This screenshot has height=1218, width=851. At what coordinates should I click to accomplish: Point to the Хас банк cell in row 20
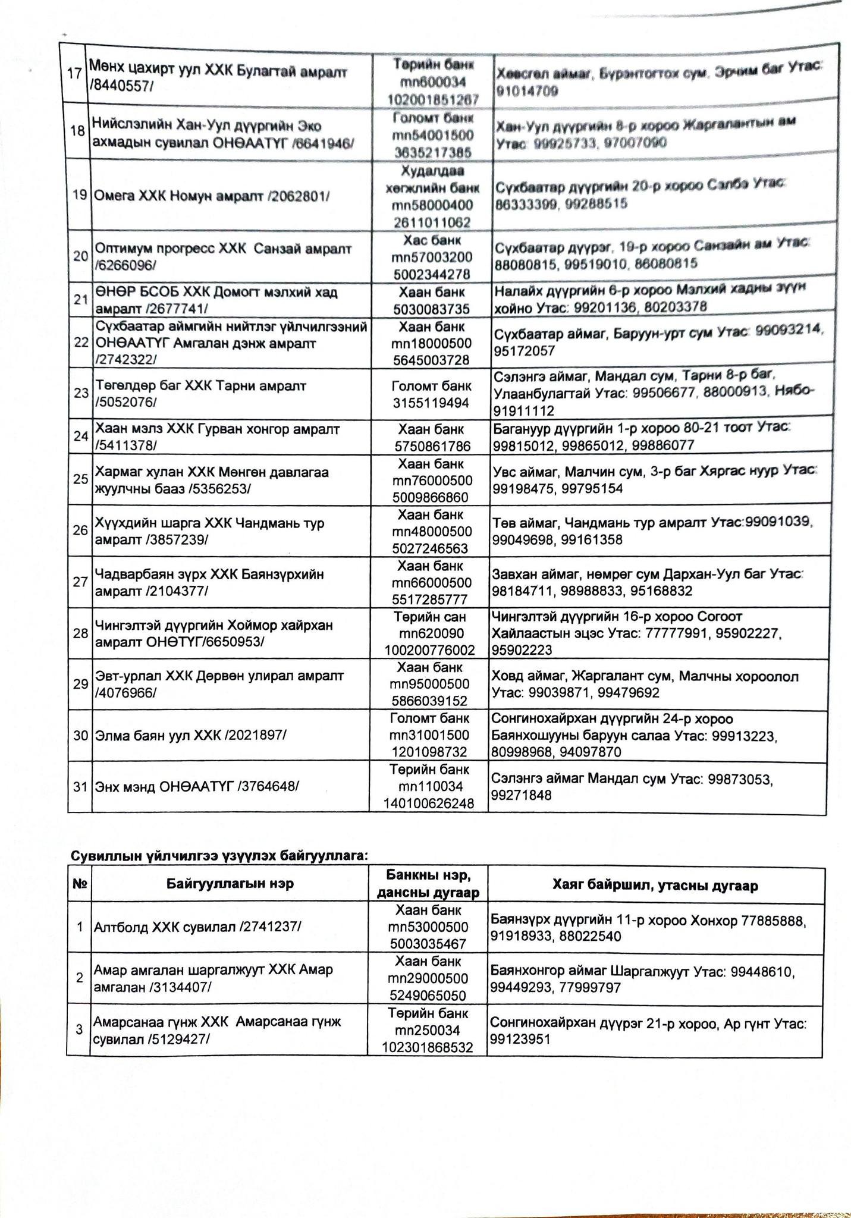coord(432,241)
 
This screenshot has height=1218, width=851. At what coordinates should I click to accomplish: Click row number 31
coord(80,787)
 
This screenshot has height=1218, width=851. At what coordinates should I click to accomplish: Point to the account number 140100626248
coord(429,803)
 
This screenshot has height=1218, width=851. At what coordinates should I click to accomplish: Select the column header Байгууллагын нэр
coord(230,884)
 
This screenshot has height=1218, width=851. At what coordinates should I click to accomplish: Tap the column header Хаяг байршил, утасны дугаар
coord(655,886)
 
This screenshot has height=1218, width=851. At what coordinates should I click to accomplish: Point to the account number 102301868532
coord(428,1047)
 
